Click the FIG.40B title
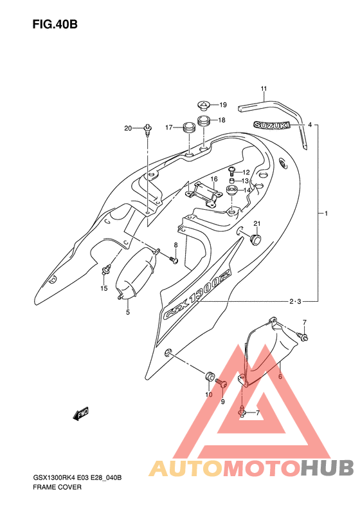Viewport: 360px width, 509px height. (x=55, y=24)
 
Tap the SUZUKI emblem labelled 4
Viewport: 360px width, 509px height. (x=271, y=125)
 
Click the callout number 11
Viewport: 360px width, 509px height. (x=264, y=89)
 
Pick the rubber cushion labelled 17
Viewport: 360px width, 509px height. (x=189, y=127)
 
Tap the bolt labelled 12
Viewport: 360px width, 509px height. (x=232, y=171)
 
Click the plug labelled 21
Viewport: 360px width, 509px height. (x=256, y=239)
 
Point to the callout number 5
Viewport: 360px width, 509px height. (x=128, y=312)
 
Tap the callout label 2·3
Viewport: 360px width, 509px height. (x=295, y=302)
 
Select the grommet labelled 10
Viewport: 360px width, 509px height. (x=209, y=376)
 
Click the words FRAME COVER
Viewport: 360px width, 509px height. (x=57, y=487)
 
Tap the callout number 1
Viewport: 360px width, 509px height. (x=327, y=213)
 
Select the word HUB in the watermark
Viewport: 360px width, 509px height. (x=327, y=468)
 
